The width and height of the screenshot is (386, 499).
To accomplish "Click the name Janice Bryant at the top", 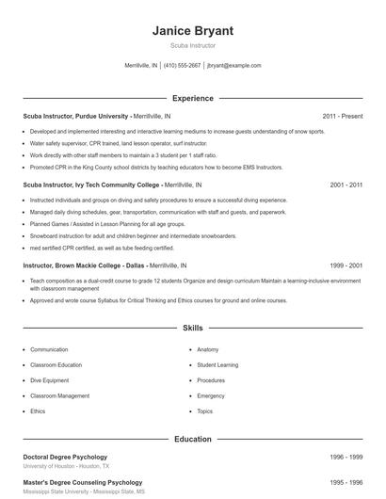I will [x=193, y=31].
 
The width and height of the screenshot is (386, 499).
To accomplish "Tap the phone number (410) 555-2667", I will [x=183, y=66].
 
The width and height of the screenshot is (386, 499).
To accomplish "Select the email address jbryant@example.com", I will [x=233, y=66].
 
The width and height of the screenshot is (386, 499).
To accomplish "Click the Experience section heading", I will [x=193, y=98].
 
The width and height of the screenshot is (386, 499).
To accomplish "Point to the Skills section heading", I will [x=193, y=329].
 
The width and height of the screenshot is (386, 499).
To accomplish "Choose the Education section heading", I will [x=193, y=439].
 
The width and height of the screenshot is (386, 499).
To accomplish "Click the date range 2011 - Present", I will [x=342, y=116].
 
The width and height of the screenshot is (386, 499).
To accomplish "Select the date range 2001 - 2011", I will [x=346, y=185].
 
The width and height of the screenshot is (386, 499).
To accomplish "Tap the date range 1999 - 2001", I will [x=346, y=266].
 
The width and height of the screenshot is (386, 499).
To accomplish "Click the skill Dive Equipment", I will [x=51, y=380].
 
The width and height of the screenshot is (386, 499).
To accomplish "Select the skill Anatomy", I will [x=208, y=349].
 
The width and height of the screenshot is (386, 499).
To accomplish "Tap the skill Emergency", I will [x=211, y=395].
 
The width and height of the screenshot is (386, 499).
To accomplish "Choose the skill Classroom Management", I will [x=60, y=395].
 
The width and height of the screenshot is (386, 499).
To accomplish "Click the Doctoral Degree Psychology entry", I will [x=65, y=457].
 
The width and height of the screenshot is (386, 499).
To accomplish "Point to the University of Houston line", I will [x=66, y=466].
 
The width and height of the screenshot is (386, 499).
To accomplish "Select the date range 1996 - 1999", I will [x=346, y=457].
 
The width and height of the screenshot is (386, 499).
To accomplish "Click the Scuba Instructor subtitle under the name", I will [x=193, y=45].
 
